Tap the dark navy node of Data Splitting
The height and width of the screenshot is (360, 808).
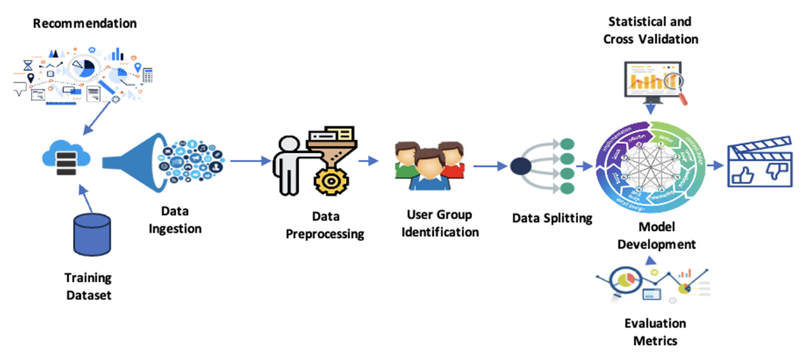pos(521,166)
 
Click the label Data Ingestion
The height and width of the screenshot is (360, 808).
pos(175,219)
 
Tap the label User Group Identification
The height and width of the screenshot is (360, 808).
pos(440,223)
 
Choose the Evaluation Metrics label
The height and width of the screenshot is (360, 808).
pos(655,331)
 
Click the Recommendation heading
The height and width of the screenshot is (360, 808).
pos(85,23)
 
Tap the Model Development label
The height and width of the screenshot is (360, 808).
pos(656,235)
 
